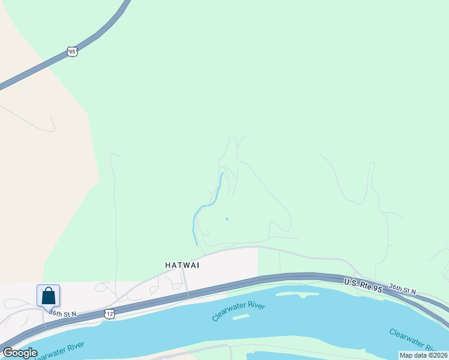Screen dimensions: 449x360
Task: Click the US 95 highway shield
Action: tap(72, 52)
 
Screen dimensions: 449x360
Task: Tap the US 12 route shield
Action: tap(109, 313)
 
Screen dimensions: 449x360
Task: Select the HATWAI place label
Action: tap(182, 265)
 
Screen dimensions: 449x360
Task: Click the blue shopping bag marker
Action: tap(48, 296)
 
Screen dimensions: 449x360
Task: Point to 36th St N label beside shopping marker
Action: tap(63, 313)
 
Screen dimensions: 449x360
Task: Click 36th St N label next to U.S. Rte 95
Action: tap(402, 290)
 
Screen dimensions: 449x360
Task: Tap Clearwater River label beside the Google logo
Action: tap(59, 349)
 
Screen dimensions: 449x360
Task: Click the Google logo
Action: tap(20, 353)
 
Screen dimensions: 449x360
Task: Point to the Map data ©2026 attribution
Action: tap(423, 355)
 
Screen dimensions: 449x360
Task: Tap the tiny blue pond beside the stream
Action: tap(226, 218)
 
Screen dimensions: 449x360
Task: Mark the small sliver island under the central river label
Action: tap(241, 316)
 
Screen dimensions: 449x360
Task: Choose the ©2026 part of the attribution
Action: tap(436, 355)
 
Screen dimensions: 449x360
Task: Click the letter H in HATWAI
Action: tap(167, 265)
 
